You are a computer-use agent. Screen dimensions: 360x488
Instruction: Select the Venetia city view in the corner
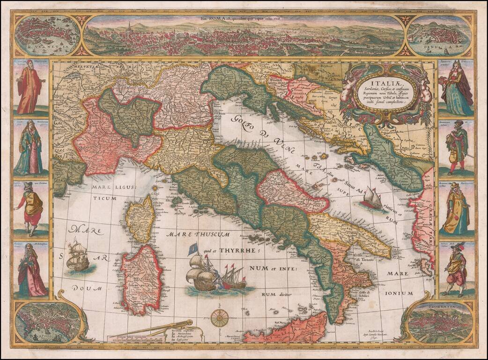pos(47,35)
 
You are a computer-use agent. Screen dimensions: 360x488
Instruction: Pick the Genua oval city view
pos(438,36)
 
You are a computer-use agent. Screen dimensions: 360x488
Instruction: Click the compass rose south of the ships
pos(219,318)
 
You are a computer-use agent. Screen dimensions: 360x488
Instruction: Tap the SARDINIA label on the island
pos(141,283)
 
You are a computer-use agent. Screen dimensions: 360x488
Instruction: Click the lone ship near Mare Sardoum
pos(77,256)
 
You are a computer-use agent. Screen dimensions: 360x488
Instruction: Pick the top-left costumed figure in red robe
pos(30,87)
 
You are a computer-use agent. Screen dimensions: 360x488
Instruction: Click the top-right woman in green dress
pos(457,89)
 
